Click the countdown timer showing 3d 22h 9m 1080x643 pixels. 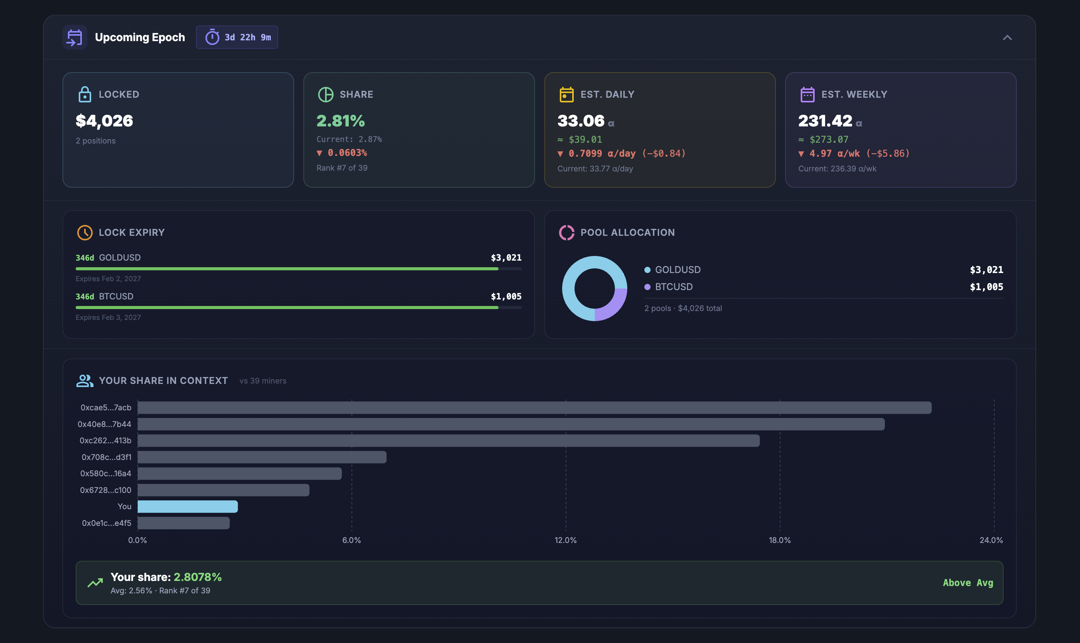(237, 37)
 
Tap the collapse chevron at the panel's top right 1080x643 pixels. (1007, 38)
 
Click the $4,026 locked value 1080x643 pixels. (104, 121)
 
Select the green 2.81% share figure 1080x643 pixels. (341, 121)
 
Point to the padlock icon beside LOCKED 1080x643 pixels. (85, 95)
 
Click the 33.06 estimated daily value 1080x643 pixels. (581, 121)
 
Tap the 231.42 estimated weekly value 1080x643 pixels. (825, 121)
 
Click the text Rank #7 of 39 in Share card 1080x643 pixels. (342, 168)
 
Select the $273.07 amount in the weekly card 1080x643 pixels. (829, 140)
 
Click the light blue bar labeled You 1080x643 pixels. (188, 506)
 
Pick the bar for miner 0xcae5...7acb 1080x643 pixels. (534, 408)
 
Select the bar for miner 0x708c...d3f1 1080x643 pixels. (262, 457)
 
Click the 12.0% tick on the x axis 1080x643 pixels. (566, 540)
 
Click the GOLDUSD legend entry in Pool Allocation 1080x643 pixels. (677, 270)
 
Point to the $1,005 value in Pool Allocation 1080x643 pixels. (986, 287)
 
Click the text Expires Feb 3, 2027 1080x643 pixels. (108, 318)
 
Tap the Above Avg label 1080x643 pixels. (968, 583)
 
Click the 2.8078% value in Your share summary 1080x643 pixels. (197, 577)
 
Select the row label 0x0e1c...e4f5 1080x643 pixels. (106, 523)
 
